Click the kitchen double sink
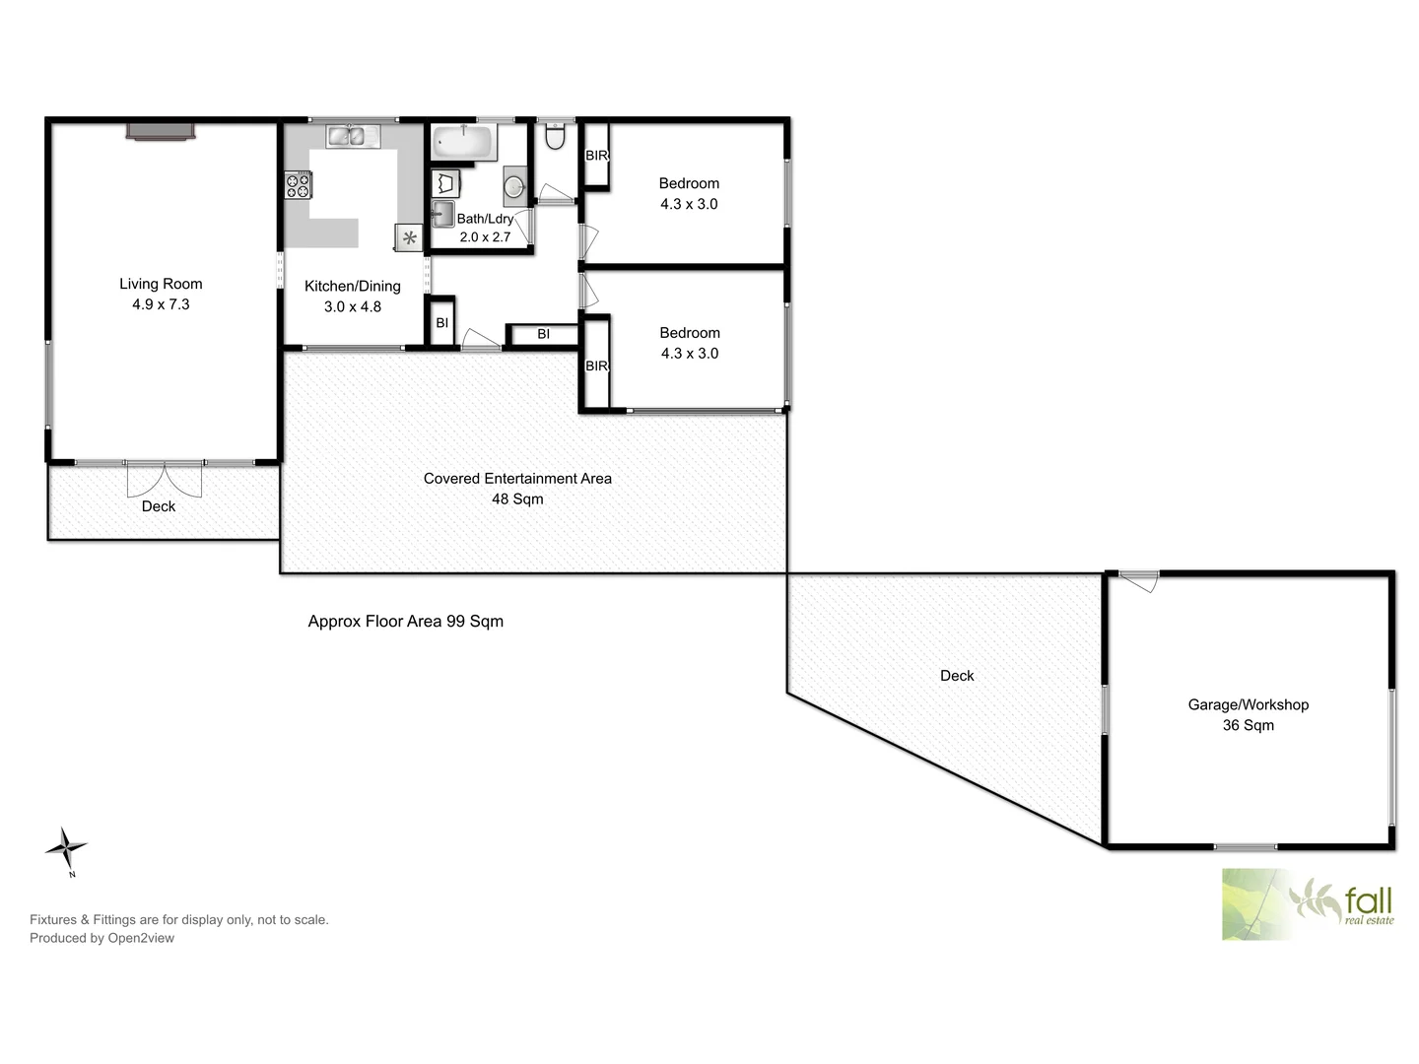click(346, 136)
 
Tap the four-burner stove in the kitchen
click(298, 184)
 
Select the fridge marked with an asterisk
click(409, 237)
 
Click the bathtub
click(462, 142)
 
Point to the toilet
click(556, 137)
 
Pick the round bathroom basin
click(515, 183)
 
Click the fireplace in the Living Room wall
click(160, 132)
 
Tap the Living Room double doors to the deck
click(165, 478)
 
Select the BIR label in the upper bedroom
click(597, 156)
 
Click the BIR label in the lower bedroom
click(597, 366)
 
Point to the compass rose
click(67, 848)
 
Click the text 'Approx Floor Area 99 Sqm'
click(406, 622)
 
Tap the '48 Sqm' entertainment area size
click(517, 499)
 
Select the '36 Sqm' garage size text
click(1248, 726)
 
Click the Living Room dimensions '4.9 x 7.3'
click(161, 305)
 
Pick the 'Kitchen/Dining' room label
click(353, 287)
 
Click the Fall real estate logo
click(1309, 904)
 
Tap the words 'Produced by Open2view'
click(101, 939)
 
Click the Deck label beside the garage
click(957, 676)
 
